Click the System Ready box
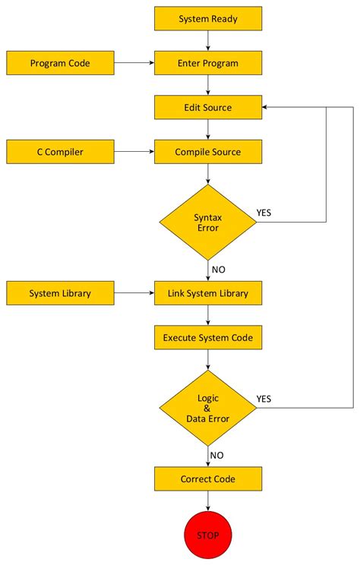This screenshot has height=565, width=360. (x=208, y=18)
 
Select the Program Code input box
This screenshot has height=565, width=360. (x=60, y=63)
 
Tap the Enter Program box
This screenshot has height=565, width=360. (x=208, y=63)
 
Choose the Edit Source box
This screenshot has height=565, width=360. (x=208, y=107)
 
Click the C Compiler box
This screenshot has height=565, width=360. (x=60, y=152)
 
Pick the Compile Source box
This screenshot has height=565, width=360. (x=208, y=152)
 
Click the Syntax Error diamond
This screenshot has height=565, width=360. (x=208, y=223)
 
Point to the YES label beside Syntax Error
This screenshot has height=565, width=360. (x=264, y=213)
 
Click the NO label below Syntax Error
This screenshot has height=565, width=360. (x=219, y=269)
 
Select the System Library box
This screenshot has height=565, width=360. (x=60, y=293)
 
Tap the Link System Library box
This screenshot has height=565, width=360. (x=208, y=293)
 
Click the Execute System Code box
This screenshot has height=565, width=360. (x=208, y=337)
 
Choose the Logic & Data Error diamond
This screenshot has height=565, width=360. (x=208, y=408)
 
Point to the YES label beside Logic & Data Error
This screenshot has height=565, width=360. (x=264, y=399)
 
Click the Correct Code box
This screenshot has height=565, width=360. (x=208, y=479)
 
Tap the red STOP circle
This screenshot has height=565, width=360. (x=208, y=535)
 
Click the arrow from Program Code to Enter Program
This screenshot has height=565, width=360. (x=134, y=63)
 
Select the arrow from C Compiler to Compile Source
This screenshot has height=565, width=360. (x=134, y=152)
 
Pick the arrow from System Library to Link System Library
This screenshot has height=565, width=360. (x=134, y=293)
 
